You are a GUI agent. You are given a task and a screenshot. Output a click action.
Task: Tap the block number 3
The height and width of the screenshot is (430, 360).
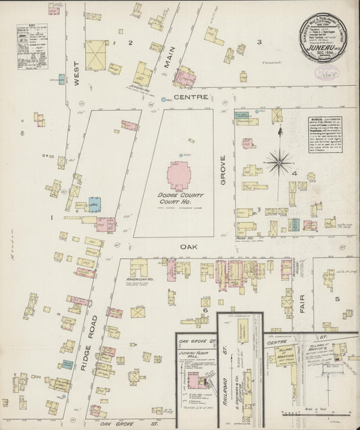[x=258, y=42]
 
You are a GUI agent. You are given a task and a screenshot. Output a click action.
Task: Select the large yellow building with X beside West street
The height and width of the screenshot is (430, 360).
[x=95, y=54]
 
